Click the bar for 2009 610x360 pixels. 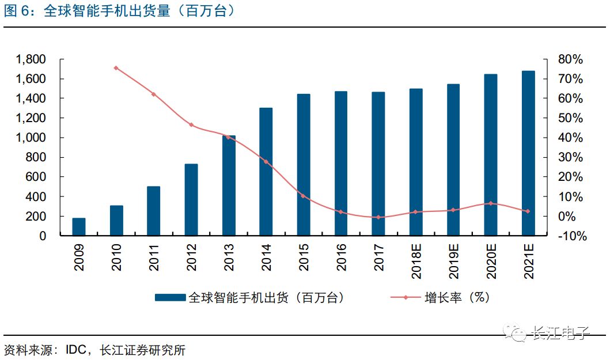pyautogui.click(x=79, y=227)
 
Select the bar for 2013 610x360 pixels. pyautogui.click(x=229, y=185)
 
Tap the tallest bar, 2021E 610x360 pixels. pyautogui.click(x=528, y=153)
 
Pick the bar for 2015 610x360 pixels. pyautogui.click(x=304, y=165)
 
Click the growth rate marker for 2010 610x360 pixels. pyautogui.click(x=116, y=68)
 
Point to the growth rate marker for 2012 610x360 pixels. pyautogui.click(x=191, y=125)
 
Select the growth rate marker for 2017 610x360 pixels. pyautogui.click(x=378, y=217)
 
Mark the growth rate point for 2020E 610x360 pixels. pyautogui.click(x=491, y=203)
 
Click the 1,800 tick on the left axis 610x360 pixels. pyautogui.click(x=31, y=59)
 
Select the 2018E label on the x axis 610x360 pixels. pyautogui.click(x=416, y=260)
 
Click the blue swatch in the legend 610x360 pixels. pyautogui.click(x=171, y=298)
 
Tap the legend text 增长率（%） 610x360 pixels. pyautogui.click(x=456, y=298)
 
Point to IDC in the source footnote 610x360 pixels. pyautogui.click(x=76, y=350)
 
